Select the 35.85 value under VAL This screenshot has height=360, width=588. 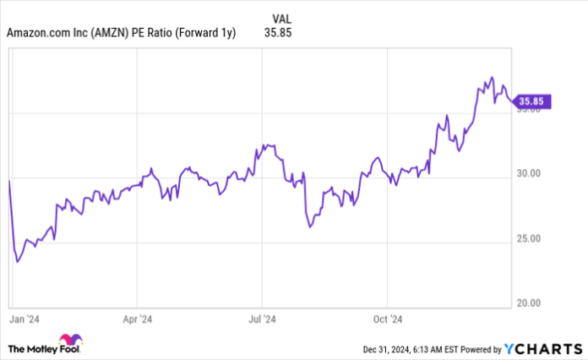tap(282, 33)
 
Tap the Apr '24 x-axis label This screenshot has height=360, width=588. tap(137, 320)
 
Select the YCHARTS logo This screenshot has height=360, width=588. tap(541, 347)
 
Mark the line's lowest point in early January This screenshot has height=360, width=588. tap(18, 262)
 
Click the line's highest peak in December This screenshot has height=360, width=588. tap(492, 77)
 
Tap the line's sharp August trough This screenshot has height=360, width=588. tap(309, 227)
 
